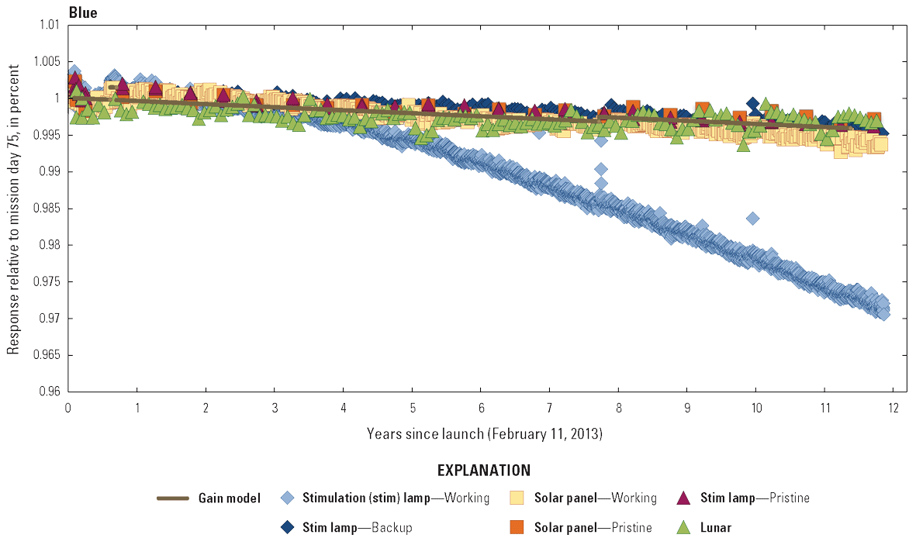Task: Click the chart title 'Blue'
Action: [83, 12]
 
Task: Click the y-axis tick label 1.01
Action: [50, 25]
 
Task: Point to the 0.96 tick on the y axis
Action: [50, 392]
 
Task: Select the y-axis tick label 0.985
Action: [47, 209]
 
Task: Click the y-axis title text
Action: [13, 209]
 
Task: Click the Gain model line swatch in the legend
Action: [173, 498]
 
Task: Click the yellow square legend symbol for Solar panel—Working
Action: [518, 498]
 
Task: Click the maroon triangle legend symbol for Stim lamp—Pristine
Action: [684, 498]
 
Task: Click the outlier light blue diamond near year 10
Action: [752, 218]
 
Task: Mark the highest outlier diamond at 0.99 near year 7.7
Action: [601, 169]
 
